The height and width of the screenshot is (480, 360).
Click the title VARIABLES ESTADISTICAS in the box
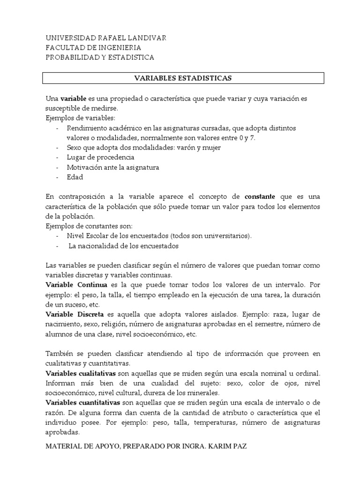point(183,78)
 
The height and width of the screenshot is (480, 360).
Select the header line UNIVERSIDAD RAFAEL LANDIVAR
point(105,37)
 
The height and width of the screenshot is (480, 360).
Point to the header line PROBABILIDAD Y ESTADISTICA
point(99,57)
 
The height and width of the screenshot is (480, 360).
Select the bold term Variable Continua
point(76,285)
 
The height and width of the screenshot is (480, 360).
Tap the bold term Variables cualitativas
point(81,373)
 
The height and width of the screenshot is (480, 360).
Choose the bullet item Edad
point(75,177)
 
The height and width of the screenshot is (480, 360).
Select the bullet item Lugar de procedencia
point(100,157)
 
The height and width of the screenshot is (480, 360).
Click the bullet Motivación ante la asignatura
point(113,167)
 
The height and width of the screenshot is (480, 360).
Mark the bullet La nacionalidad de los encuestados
point(124,246)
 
